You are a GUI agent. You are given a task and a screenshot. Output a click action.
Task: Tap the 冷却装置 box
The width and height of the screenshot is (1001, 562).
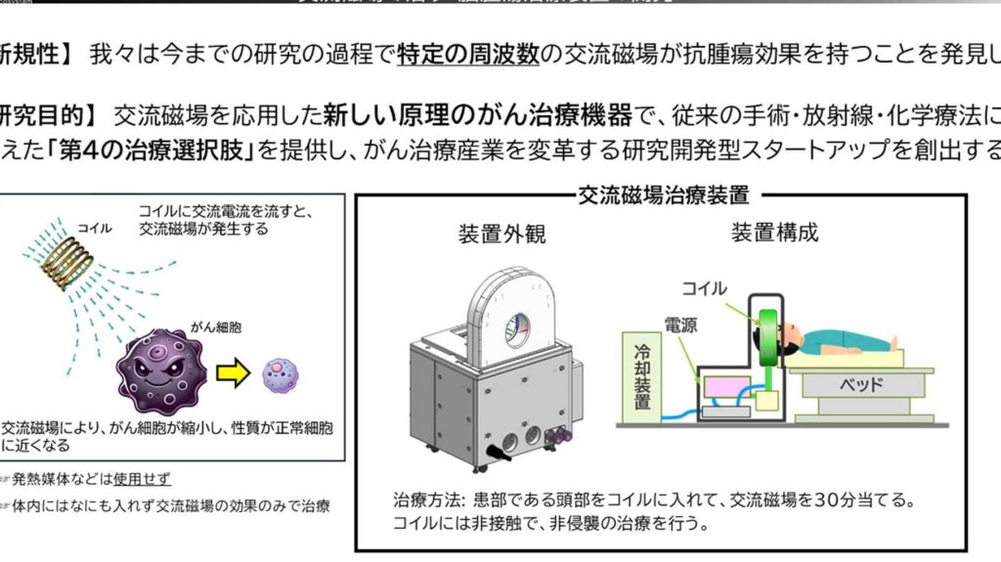tap(641, 376)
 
